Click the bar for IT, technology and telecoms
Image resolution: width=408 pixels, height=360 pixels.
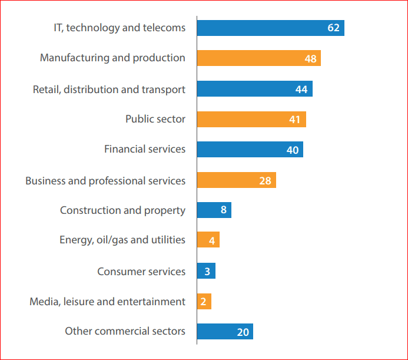pyautogui.click(x=270, y=28)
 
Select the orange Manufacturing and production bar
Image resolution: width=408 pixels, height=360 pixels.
pyautogui.click(x=258, y=58)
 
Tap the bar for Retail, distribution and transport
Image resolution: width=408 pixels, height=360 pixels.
pyautogui.click(x=254, y=89)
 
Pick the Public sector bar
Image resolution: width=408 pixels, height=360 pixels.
pyautogui.click(x=251, y=119)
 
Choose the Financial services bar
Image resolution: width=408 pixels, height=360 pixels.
pyautogui.click(x=250, y=150)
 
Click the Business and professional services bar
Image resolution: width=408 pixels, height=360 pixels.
pyautogui.click(x=236, y=180)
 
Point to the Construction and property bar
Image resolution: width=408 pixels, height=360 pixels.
pyautogui.click(x=214, y=210)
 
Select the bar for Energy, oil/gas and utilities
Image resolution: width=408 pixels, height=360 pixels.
pyautogui.click(x=208, y=240)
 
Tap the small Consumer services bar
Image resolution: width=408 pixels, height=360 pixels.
pyautogui.click(x=206, y=271)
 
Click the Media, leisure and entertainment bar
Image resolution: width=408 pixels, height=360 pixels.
pyautogui.click(x=204, y=302)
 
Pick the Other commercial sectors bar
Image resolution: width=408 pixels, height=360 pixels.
pyautogui.click(x=225, y=332)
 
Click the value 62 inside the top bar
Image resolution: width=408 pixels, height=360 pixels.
pyautogui.click(x=333, y=28)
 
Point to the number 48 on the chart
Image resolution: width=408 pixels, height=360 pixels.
pyautogui.click(x=310, y=58)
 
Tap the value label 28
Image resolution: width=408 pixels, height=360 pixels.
pyautogui.click(x=265, y=180)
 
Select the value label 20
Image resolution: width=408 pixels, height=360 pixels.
pyautogui.click(x=243, y=332)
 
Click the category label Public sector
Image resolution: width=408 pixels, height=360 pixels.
pyautogui.click(x=155, y=119)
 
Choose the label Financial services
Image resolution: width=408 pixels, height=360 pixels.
pyautogui.click(x=145, y=149)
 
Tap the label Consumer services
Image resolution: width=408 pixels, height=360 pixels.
pyautogui.click(x=141, y=271)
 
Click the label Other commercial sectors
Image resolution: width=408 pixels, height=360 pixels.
pyautogui.click(x=125, y=331)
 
